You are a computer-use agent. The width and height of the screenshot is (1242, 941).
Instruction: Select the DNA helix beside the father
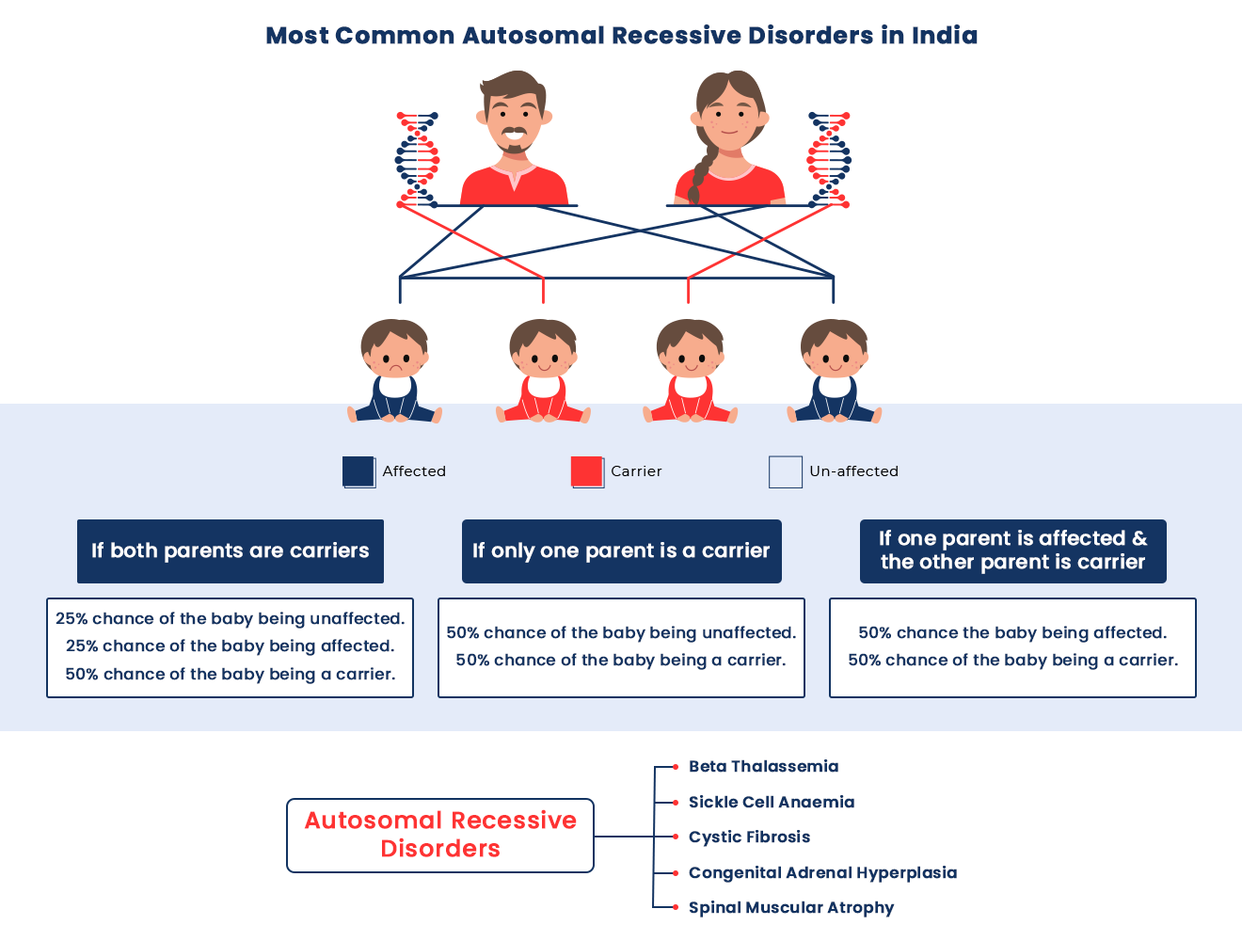click(x=417, y=160)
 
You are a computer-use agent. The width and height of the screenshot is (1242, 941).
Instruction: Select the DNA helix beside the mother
click(x=829, y=160)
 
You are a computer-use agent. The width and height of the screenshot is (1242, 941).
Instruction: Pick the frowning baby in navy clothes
click(x=394, y=371)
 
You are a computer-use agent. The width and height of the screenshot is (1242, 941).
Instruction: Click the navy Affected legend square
click(x=358, y=471)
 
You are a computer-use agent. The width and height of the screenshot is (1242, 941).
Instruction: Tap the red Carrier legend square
click(x=587, y=471)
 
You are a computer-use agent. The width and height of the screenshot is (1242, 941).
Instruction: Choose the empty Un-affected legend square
click(x=785, y=471)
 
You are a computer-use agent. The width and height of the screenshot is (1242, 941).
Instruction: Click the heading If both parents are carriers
click(x=231, y=551)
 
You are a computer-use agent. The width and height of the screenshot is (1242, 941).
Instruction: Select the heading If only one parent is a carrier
click(x=621, y=551)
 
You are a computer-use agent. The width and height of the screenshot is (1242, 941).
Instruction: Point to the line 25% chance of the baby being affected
click(x=231, y=646)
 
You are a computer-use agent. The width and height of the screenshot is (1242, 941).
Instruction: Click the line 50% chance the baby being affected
click(x=1012, y=633)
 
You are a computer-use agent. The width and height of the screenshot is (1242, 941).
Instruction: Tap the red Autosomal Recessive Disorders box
click(x=440, y=835)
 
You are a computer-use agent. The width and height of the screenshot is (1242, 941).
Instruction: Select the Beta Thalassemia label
click(x=763, y=767)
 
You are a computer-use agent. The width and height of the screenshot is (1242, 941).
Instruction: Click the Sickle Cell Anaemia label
click(x=772, y=803)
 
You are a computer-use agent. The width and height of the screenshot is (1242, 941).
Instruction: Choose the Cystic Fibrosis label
click(x=749, y=837)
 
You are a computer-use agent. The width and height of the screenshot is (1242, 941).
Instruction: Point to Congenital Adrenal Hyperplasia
click(x=822, y=873)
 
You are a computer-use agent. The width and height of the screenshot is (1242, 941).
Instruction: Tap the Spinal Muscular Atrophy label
click(x=791, y=908)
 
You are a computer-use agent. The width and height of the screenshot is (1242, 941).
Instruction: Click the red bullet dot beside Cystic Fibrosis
click(x=676, y=837)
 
